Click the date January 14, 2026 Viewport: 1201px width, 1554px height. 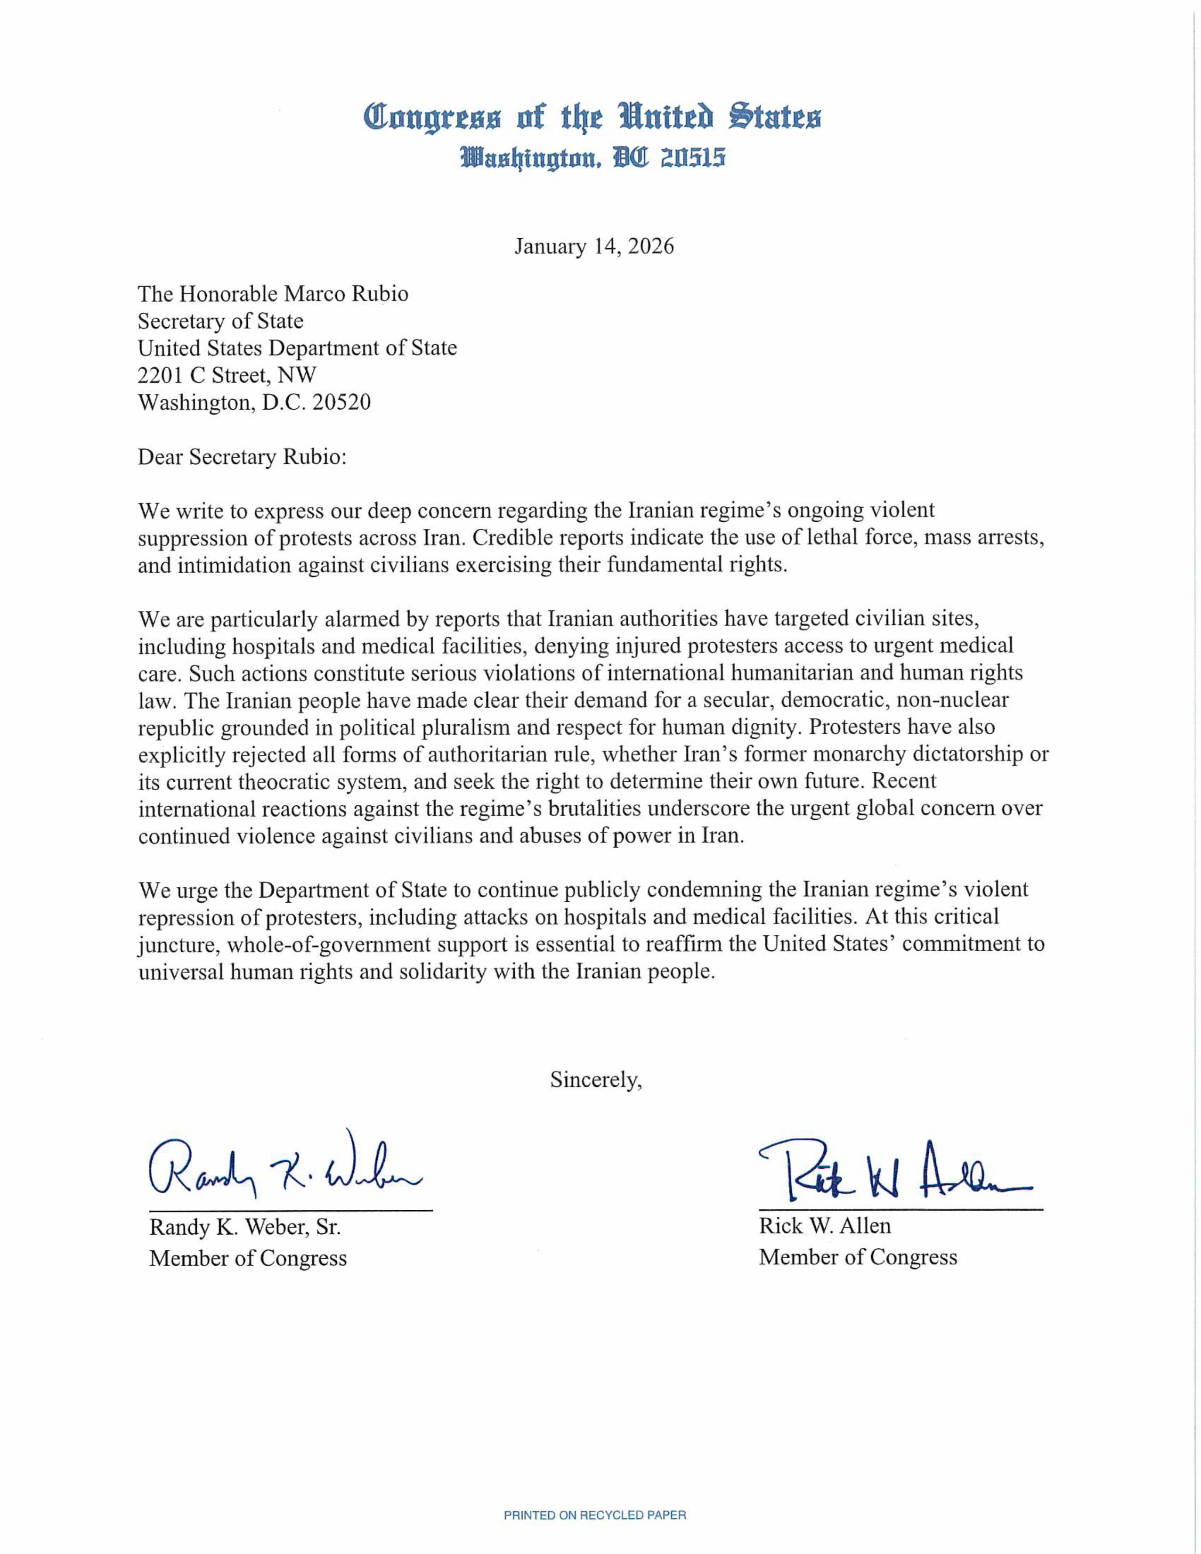(x=594, y=246)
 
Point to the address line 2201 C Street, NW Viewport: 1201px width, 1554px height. (x=227, y=375)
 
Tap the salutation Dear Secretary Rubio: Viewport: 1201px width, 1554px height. (x=242, y=457)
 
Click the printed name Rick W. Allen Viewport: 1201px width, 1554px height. (x=825, y=1226)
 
